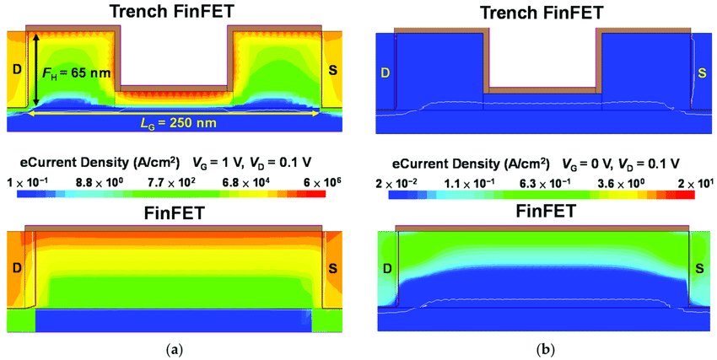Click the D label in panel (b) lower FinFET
tap(385, 269)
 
